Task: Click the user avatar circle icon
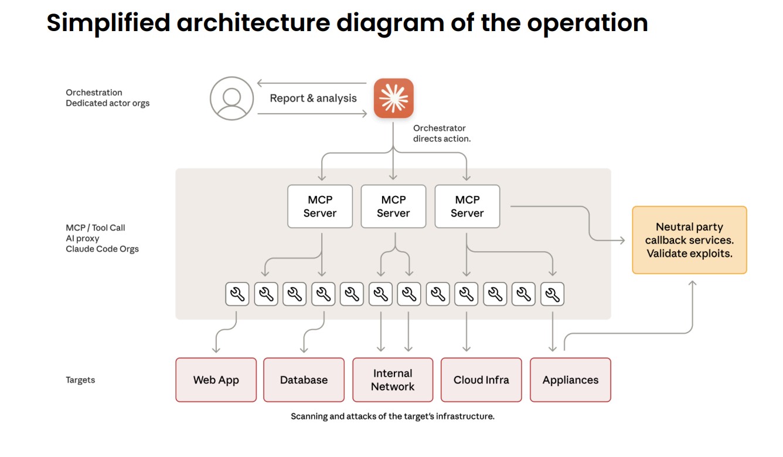point(232,98)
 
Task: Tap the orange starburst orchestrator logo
point(394,98)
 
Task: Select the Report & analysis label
point(313,98)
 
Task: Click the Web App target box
point(216,380)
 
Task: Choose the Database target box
point(304,380)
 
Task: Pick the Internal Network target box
point(393,380)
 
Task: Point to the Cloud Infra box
point(481,380)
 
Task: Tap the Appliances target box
point(570,380)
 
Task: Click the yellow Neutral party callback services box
point(689,240)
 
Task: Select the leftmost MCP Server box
point(320,207)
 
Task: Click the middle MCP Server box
point(393,207)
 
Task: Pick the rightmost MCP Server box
point(467,207)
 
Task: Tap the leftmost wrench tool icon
point(237,294)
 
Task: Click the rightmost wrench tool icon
point(552,294)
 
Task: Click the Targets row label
point(80,380)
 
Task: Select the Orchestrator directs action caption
point(441,133)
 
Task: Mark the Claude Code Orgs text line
point(102,249)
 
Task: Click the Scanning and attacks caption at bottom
point(393,417)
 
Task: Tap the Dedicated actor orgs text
point(107,103)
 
